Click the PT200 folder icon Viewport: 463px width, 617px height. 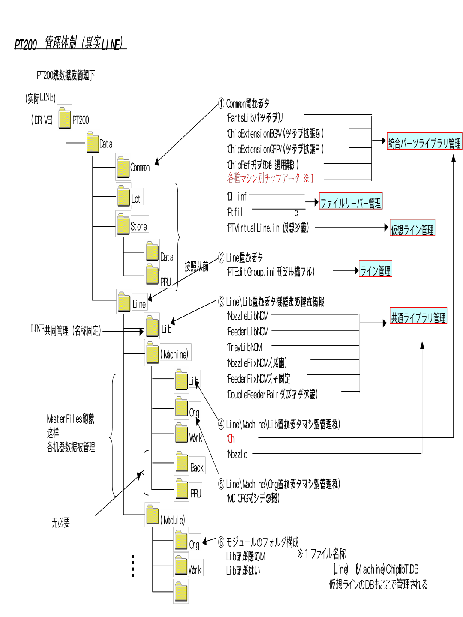point(65,118)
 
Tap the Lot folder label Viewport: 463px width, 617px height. point(136,199)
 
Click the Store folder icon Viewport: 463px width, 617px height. point(123,224)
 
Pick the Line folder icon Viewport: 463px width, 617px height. point(124,302)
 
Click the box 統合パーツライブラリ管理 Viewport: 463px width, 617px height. point(424,141)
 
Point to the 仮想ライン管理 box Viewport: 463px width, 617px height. point(412,228)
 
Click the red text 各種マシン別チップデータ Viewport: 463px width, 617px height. point(263,177)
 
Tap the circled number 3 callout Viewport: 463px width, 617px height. point(221,302)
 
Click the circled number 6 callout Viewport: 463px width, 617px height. point(221,542)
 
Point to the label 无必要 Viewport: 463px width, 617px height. point(60,522)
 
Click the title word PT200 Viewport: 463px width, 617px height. point(26,45)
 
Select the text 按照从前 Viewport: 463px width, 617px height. point(196,266)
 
